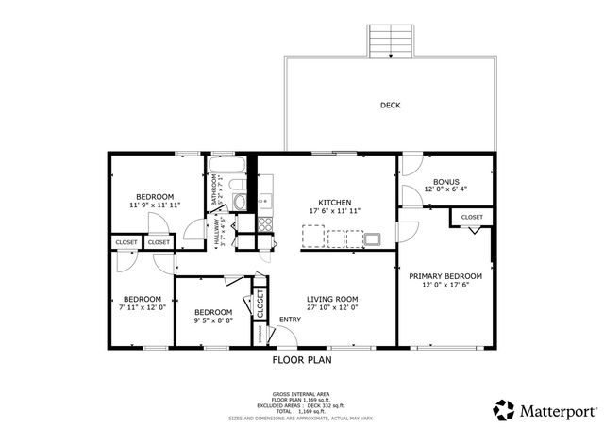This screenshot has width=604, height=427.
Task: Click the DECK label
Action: pyautogui.click(x=390, y=105)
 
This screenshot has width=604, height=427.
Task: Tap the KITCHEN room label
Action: pyautogui.click(x=334, y=203)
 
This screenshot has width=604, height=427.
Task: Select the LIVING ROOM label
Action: pyautogui.click(x=332, y=300)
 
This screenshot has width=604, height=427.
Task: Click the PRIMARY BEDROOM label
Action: pyautogui.click(x=445, y=276)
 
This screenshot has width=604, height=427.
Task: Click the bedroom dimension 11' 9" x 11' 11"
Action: pyautogui.click(x=155, y=204)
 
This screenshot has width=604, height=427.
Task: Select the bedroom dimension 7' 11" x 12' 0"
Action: pyautogui.click(x=143, y=306)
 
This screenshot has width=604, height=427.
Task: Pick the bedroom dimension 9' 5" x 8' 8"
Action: pyautogui.click(x=213, y=321)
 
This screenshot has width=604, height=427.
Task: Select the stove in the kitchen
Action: pyautogui.click(x=266, y=224)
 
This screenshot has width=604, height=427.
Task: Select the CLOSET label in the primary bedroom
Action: pyautogui.click(x=472, y=218)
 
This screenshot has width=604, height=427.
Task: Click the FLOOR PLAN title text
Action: pyautogui.click(x=302, y=359)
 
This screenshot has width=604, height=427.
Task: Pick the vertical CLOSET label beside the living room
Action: pyautogui.click(x=259, y=301)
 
